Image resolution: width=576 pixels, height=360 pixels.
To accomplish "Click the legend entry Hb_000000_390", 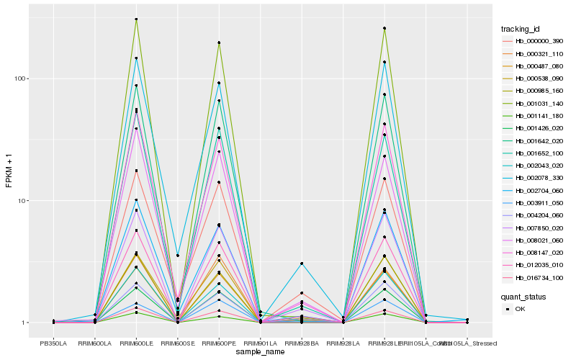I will point(534,42).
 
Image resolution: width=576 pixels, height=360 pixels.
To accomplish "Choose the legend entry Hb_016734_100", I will point(534,277).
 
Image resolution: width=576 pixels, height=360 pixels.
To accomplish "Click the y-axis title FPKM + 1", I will point(9,171).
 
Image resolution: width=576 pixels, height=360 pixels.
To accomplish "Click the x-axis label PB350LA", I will point(53,343).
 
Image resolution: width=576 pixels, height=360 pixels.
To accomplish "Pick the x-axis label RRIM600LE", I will point(136,343).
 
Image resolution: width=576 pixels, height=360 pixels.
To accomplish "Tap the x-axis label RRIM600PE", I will point(219,343).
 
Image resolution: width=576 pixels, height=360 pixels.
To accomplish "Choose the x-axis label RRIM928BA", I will point(302,343).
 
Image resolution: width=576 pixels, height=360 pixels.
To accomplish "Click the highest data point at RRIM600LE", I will point(136,19).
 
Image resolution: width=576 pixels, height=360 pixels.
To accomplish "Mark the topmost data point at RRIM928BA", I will point(302,264).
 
